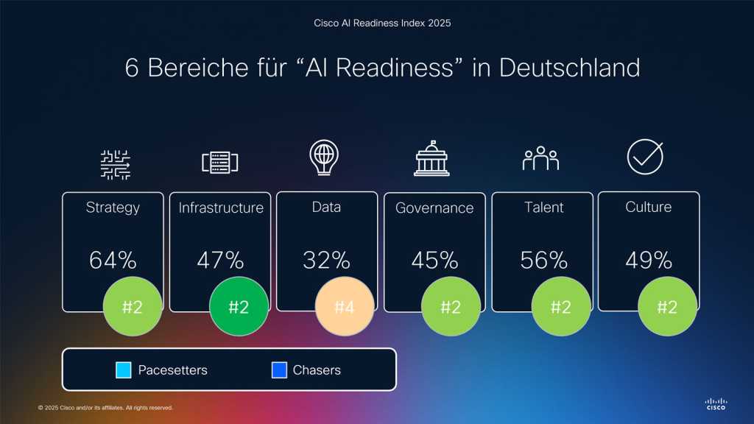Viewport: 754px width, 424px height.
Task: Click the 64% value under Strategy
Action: [113, 261]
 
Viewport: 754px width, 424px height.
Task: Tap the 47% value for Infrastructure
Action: [220, 261]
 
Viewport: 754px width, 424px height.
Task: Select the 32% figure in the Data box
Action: [326, 261]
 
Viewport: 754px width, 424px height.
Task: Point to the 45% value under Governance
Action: [434, 261]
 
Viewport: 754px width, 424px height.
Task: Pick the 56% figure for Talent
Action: [543, 261]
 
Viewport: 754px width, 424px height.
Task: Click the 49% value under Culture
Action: [649, 261]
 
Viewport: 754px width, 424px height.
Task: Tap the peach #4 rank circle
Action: [345, 307]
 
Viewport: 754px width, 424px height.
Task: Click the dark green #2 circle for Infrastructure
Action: [239, 307]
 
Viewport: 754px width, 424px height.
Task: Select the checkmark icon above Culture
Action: [645, 158]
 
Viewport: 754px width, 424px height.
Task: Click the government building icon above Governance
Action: [431, 158]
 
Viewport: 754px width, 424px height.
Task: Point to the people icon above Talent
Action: [541, 158]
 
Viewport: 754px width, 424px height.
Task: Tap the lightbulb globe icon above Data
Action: [325, 158]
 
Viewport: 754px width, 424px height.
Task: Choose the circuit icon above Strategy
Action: [115, 164]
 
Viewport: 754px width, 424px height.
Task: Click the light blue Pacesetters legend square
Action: [124, 370]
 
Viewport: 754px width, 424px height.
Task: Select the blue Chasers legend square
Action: [278, 370]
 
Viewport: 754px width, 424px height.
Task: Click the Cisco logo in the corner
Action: [715, 403]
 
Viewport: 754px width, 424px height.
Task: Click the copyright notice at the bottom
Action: [105, 407]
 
